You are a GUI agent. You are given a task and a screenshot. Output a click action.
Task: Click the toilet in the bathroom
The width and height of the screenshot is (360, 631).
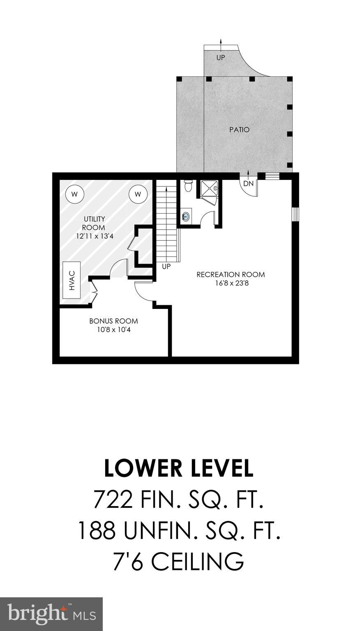[x=188, y=186]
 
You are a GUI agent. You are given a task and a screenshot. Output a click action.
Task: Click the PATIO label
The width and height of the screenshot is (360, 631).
[x=239, y=130]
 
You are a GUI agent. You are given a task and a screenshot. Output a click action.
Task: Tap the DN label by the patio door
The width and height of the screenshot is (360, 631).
[x=248, y=184]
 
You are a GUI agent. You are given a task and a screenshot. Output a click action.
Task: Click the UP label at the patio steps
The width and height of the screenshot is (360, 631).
[x=221, y=58]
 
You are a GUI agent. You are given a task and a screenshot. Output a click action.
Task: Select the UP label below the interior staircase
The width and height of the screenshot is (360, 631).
[x=166, y=267]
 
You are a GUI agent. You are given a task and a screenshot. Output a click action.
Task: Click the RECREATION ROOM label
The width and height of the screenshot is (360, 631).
[x=231, y=274]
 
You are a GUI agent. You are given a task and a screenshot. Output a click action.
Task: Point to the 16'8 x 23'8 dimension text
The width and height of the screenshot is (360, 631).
[x=231, y=283]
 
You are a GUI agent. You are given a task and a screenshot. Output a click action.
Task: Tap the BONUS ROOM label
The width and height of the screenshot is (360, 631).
[x=114, y=321]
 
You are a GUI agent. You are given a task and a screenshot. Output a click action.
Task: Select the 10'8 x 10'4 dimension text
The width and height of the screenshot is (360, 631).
[x=114, y=329]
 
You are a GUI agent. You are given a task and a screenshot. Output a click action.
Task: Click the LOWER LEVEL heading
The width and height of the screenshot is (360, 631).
[x=179, y=468]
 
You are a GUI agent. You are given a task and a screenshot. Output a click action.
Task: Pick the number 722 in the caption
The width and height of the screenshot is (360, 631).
[x=113, y=500]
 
